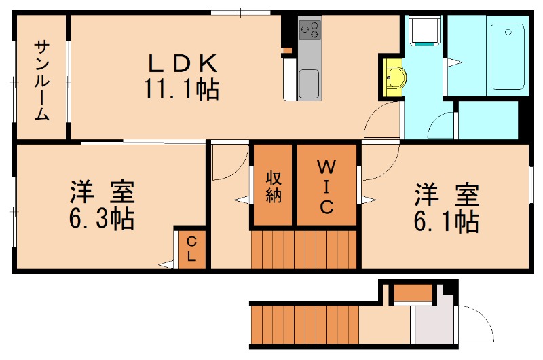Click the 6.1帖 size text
pos(447,221)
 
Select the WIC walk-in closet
pos(326,185)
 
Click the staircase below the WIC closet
pos(304,250)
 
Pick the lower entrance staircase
pos(304,325)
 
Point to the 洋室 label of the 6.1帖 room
pos(447,194)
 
